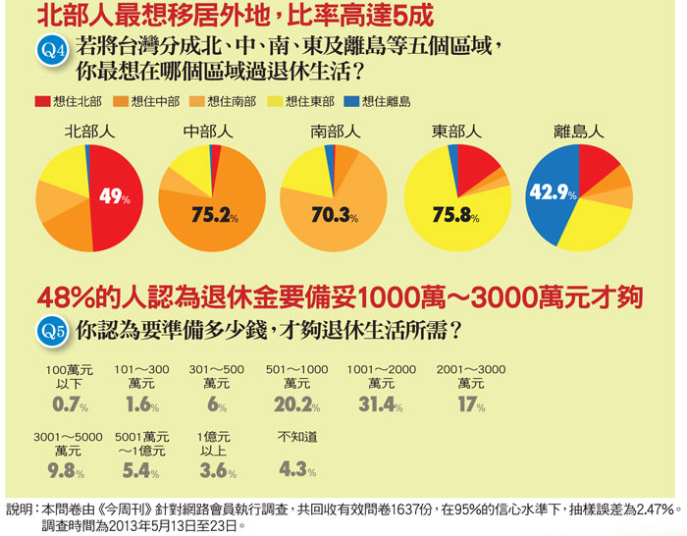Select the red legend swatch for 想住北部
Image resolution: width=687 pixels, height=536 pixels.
[43, 101]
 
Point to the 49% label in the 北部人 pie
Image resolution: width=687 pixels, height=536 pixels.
[114, 196]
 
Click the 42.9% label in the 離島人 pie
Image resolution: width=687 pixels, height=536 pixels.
[552, 193]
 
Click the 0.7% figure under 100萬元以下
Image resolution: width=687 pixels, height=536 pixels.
[71, 405]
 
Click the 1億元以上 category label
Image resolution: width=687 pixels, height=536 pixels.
[213, 443]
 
